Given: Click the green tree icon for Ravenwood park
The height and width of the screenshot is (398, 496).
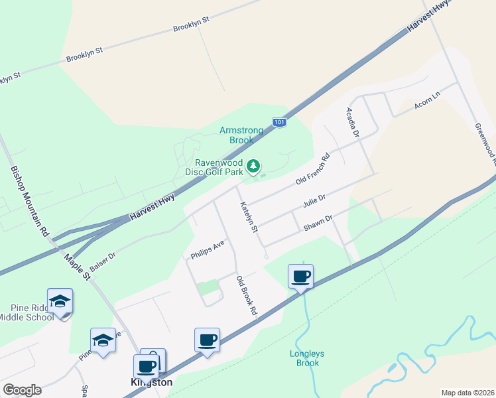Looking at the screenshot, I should coord(253,166).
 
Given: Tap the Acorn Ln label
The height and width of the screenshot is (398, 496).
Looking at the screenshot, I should coord(426,98).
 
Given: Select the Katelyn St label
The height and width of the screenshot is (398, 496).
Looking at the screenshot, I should coord(249,217).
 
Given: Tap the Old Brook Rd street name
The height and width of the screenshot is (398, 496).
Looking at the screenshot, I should coord(246,295).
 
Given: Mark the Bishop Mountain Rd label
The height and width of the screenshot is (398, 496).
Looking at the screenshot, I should coord(30,201).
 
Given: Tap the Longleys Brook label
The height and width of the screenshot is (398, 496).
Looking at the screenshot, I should coord(306,358).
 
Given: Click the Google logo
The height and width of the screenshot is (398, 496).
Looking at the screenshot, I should coord(22,389).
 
